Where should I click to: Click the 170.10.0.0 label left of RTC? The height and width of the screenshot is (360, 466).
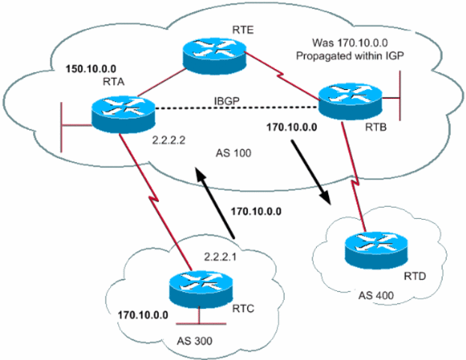pos(144,309)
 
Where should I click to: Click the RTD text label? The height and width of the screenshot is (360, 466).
pos(402,276)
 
